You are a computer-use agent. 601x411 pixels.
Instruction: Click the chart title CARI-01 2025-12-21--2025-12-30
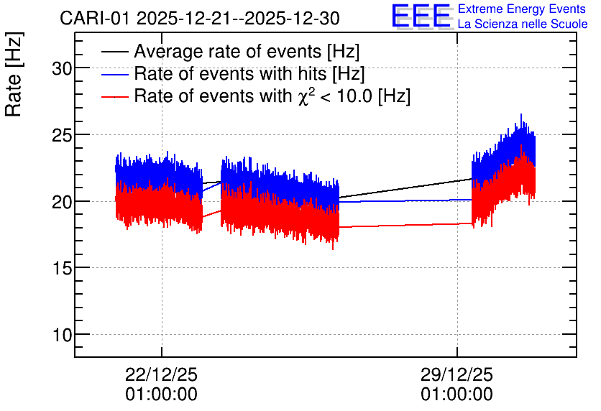[200, 18]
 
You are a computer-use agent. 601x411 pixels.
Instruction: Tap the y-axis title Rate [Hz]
[14, 74]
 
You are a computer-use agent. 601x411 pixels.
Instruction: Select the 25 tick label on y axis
[62, 135]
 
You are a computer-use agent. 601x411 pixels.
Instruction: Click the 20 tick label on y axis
[62, 202]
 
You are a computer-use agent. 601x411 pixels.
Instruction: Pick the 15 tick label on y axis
[62, 269]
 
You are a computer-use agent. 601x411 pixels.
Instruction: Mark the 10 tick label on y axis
[62, 335]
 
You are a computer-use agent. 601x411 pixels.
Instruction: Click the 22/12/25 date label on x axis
[161, 374]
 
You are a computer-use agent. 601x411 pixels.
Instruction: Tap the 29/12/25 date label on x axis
[457, 374]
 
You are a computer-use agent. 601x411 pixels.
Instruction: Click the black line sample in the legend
[114, 52]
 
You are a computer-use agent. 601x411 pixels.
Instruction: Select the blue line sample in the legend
[114, 74]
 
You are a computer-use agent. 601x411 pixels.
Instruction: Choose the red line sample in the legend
[114, 96]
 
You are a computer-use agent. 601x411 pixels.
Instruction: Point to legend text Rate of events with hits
[230, 73]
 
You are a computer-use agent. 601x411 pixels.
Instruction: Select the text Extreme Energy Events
[522, 9]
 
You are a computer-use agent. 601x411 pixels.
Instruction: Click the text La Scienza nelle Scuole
[523, 24]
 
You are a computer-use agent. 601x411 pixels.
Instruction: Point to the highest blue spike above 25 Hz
[521, 114]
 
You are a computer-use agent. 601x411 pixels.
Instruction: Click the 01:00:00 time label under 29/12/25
[457, 394]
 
